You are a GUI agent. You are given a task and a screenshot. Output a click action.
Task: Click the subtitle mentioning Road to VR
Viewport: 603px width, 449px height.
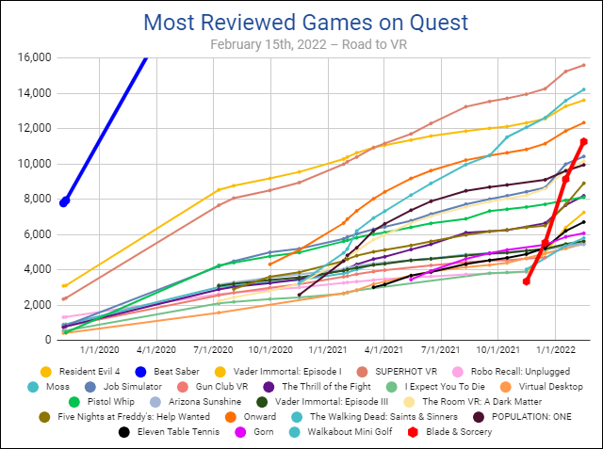point(302,43)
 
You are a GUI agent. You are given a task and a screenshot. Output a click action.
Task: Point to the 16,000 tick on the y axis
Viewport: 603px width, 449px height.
point(32,57)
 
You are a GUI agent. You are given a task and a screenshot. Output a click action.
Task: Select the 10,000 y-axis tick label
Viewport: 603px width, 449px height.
point(32,164)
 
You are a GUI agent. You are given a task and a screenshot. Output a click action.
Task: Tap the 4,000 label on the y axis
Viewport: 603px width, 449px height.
point(35,269)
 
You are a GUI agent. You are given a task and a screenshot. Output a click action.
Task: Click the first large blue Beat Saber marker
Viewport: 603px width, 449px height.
point(64,201)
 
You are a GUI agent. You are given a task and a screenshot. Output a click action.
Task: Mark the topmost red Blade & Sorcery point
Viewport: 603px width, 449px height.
point(584,142)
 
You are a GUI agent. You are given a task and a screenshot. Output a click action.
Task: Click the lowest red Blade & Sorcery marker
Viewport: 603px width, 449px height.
point(527,281)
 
